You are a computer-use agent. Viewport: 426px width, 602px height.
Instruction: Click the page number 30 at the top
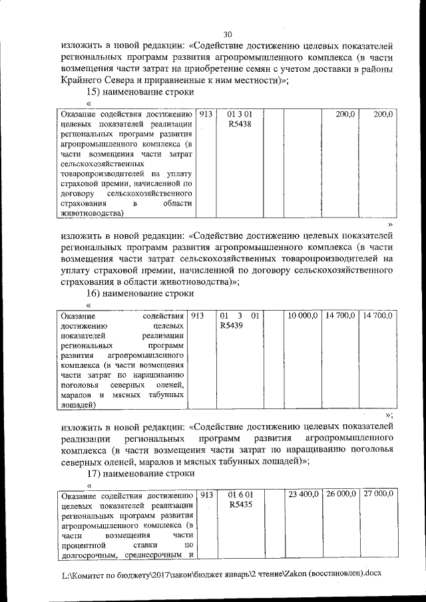pyautogui.click(x=228, y=34)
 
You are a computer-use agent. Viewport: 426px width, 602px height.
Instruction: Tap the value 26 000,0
pyautogui.click(x=341, y=495)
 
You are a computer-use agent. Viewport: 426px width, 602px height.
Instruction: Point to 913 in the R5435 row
pyautogui.click(x=206, y=495)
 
